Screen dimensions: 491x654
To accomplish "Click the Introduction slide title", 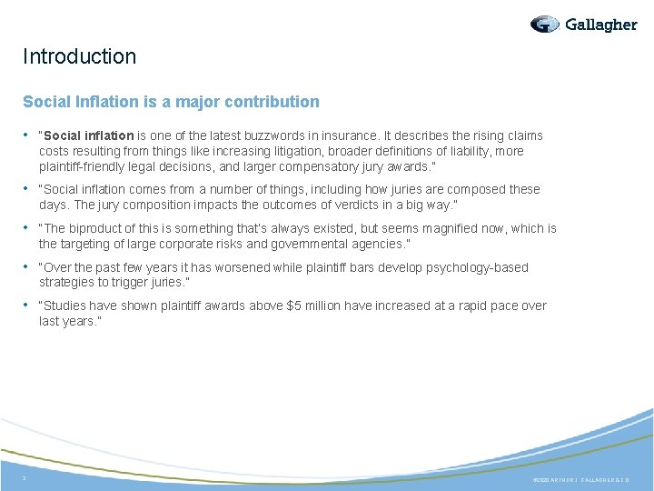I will pyautogui.click(x=80, y=56).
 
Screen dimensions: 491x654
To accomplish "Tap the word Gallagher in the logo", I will pyautogui.click(x=601, y=25).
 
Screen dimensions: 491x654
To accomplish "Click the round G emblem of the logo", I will pyautogui.click(x=545, y=25).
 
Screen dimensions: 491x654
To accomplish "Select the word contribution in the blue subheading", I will pyautogui.click(x=276, y=102).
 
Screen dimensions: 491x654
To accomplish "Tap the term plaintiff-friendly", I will pyautogui.click(x=86, y=166).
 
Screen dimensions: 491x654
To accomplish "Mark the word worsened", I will pyautogui.click(x=248, y=267).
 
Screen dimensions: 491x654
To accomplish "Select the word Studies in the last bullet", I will pyautogui.click(x=70, y=306).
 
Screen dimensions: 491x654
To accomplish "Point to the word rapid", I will pyautogui.click(x=472, y=306).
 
